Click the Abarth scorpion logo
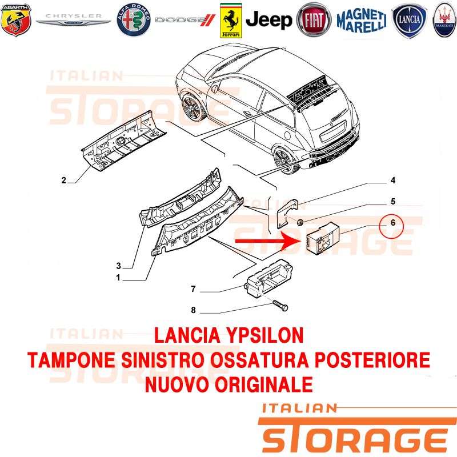tap(16, 19)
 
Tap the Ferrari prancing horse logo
tap(231, 21)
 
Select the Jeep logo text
tap(268, 20)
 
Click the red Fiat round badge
tap(314, 19)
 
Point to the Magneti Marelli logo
tap(362, 21)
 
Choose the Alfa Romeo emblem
tap(134, 20)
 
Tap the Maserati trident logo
tap(445, 20)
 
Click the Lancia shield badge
tap(410, 21)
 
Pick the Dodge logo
tap(185, 20)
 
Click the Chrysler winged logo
tap(73, 19)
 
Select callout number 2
tap(63, 181)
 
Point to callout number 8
tap(193, 310)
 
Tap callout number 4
tap(393, 181)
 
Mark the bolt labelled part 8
tap(280, 306)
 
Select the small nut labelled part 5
tap(300, 222)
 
